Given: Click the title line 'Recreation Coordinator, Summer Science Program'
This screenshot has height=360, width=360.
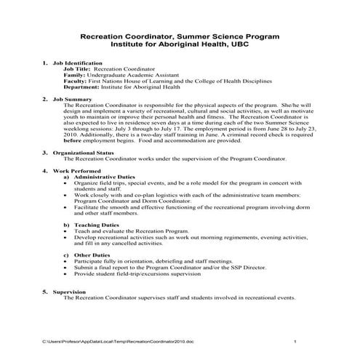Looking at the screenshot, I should tap(180, 35).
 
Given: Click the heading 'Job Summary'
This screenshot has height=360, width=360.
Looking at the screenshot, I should tap(72, 99).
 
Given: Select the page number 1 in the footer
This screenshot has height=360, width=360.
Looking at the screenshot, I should tap(295, 341).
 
